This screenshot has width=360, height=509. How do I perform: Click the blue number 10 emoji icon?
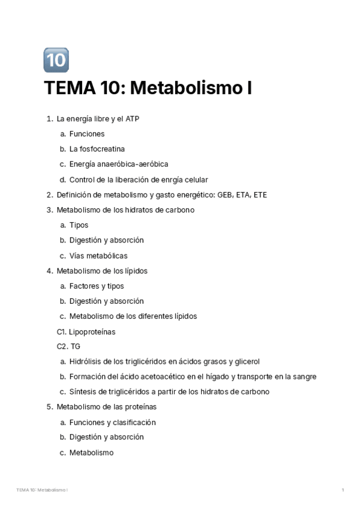pyautogui.click(x=56, y=60)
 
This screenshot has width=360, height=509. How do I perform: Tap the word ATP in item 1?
pyautogui.click(x=132, y=119)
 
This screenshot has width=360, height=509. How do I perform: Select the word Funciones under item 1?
pyautogui.click(x=86, y=134)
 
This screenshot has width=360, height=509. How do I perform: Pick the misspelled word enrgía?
pyautogui.click(x=173, y=179)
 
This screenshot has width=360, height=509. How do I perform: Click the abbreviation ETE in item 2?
pyautogui.click(x=260, y=194)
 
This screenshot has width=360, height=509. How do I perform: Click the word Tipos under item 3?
pyautogui.click(x=79, y=225)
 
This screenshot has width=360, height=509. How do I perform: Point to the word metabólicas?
pyautogui.click(x=106, y=256)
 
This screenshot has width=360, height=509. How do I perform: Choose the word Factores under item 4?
pyautogui.click(x=84, y=286)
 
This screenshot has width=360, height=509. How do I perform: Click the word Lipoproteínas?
pyautogui.click(x=92, y=331)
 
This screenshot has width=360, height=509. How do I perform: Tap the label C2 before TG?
pyautogui.click(x=62, y=346)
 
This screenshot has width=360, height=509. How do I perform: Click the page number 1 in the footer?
pyautogui.click(x=343, y=490)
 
